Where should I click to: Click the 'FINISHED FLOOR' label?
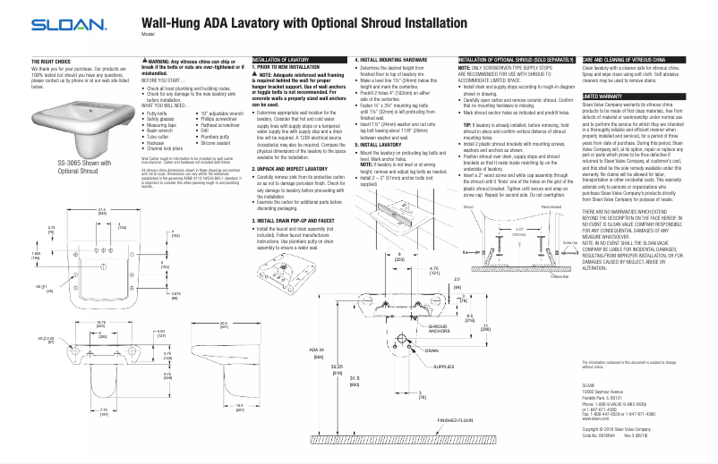(x=458, y=418)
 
